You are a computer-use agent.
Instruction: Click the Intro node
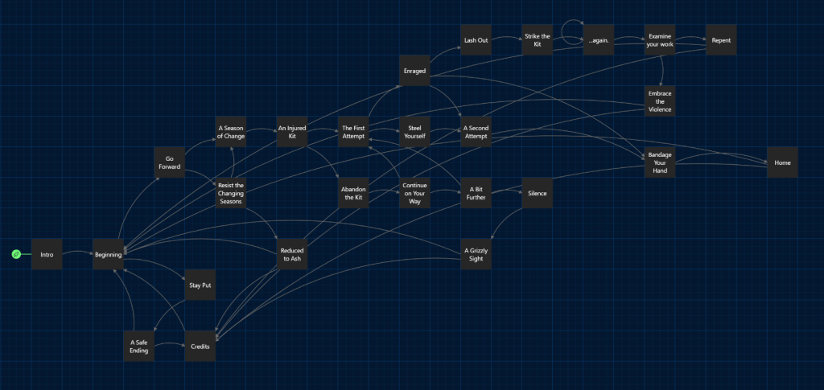47,254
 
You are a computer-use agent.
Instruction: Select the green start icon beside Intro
16,254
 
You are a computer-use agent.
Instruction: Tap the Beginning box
108,254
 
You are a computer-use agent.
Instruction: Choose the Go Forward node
169,162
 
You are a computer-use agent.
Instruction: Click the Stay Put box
200,285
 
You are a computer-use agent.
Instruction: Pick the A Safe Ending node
138,346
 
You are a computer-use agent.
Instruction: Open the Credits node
200,346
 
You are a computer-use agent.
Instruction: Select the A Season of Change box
231,132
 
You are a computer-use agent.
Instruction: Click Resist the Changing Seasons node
231,193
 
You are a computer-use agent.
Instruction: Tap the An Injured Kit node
292,132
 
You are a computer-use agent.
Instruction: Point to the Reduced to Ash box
292,255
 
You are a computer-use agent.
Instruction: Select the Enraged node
415,71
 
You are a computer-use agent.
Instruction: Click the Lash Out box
476,40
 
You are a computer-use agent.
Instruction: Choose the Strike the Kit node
538,40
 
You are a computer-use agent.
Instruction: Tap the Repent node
721,40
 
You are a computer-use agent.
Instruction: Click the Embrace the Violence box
660,101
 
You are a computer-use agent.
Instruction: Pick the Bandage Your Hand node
660,162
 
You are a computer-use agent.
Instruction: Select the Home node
782,162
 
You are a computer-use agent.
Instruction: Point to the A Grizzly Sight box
476,255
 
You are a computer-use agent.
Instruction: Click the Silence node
538,193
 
